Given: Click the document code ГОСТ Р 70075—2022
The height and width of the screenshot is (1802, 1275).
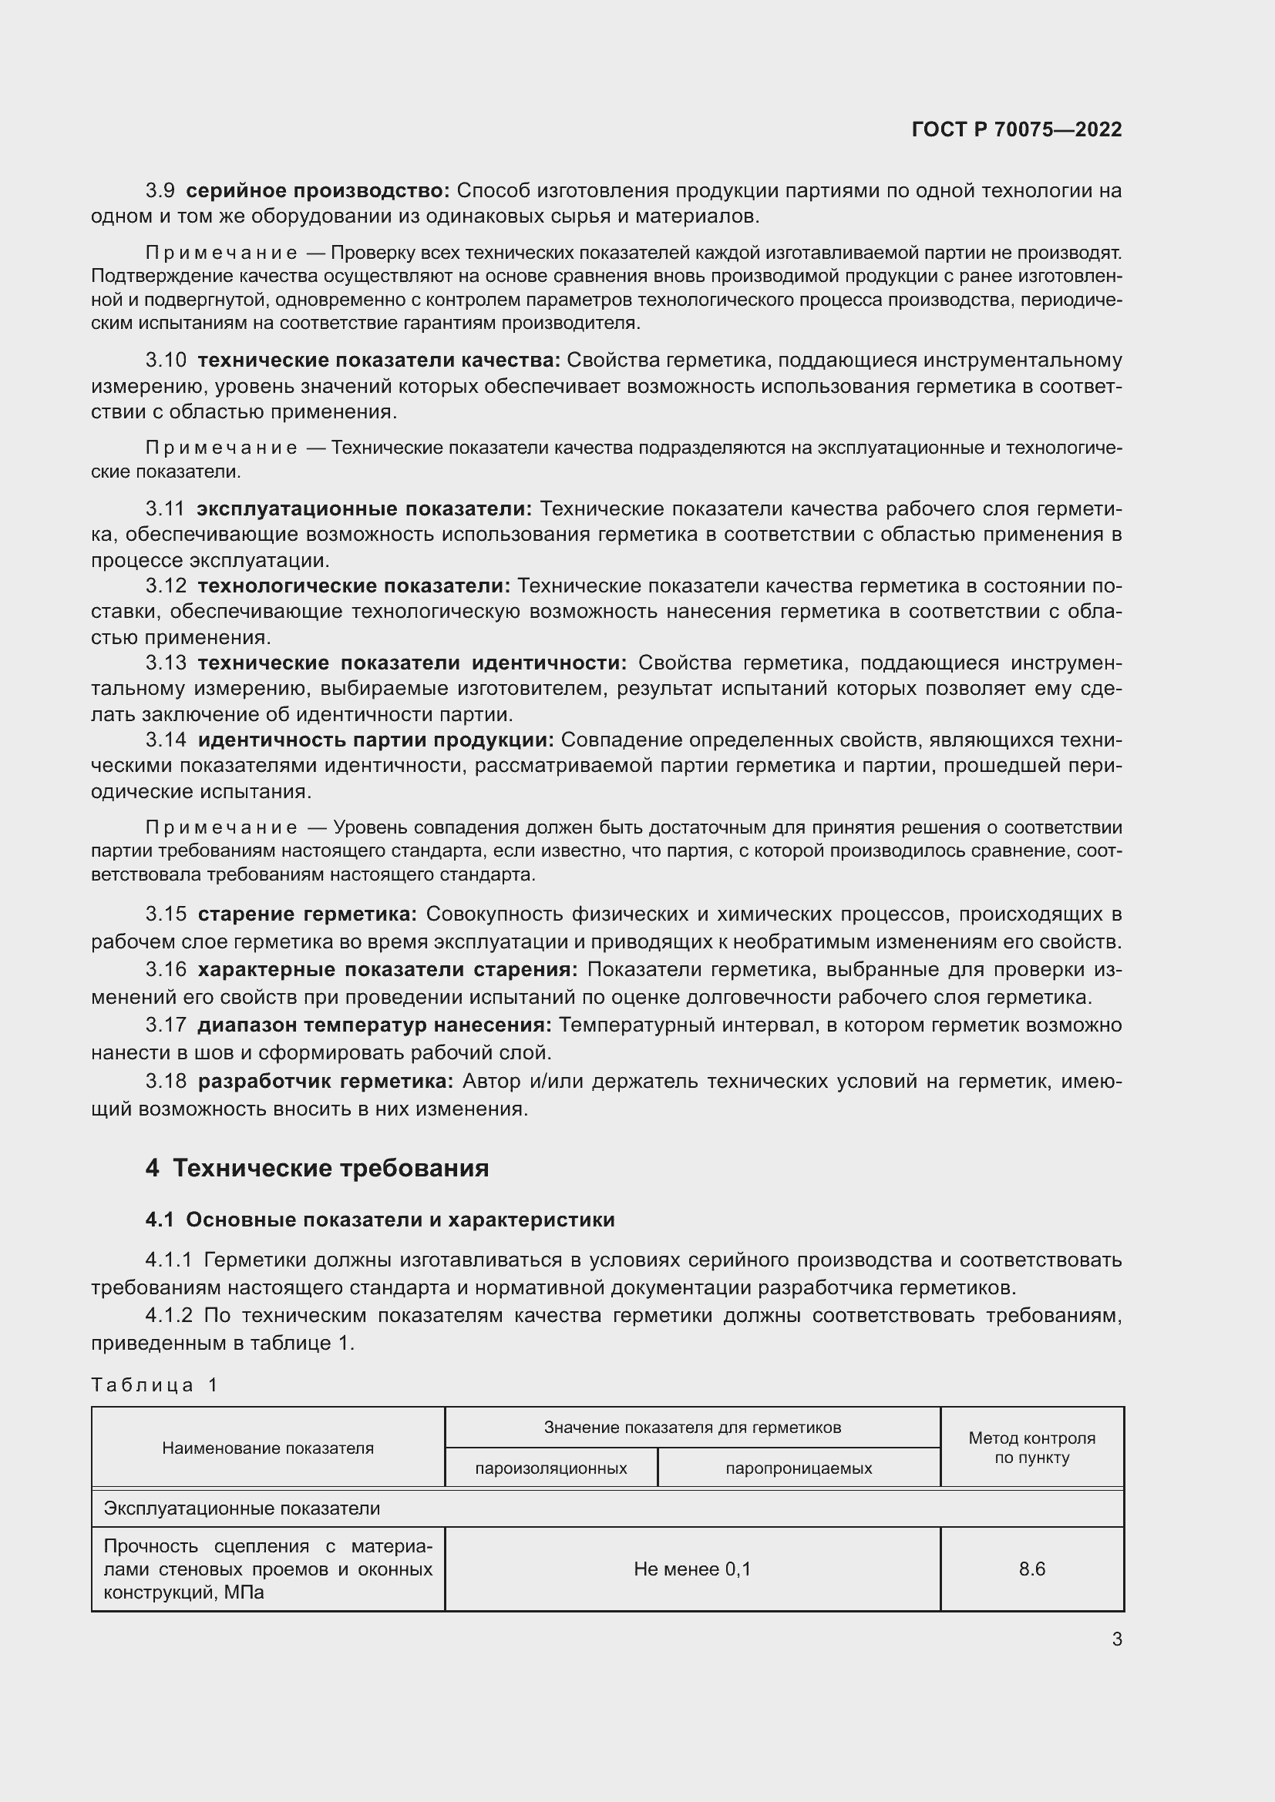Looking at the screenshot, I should (1017, 130).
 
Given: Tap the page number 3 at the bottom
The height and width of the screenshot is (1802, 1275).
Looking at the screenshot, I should (1116, 1639).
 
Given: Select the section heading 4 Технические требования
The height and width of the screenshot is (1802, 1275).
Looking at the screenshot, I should (316, 1168).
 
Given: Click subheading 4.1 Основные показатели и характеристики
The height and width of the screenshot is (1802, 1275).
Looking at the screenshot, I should (380, 1220).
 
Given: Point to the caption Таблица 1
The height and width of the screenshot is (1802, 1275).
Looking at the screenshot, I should (155, 1384).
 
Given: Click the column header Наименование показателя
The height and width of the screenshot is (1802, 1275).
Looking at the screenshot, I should (267, 1448).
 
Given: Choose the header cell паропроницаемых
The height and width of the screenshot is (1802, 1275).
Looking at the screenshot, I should (799, 1468).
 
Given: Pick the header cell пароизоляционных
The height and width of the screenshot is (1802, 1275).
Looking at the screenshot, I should (551, 1468).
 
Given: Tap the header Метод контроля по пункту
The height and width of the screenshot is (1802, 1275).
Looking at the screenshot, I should (1031, 1448).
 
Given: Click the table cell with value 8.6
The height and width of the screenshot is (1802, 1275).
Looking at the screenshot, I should (1031, 1569).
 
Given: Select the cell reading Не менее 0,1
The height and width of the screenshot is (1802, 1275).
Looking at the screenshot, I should (692, 1569).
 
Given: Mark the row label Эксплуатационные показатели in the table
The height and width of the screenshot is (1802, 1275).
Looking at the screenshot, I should (242, 1508).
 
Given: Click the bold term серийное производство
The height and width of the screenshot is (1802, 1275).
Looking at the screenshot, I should (318, 191).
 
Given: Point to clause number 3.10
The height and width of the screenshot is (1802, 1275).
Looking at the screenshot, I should (166, 361).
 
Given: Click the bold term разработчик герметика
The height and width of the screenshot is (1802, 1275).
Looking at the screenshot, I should (325, 1082).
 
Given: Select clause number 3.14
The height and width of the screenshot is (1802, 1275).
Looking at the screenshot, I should (166, 740).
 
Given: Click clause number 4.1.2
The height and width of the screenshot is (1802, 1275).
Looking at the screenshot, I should (169, 1315).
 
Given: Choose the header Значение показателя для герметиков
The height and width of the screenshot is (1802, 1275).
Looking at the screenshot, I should (692, 1428).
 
